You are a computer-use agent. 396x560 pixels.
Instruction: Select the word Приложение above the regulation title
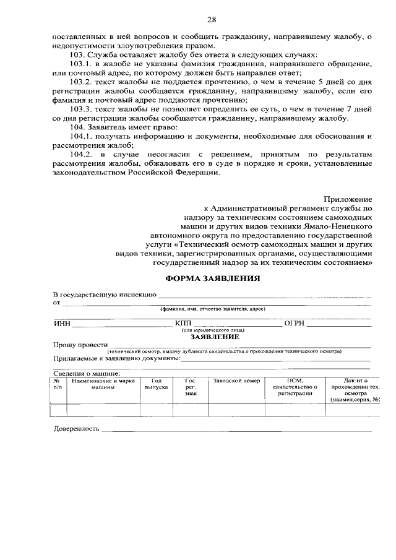tap(348, 199)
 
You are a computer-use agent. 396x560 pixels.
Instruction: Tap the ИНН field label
tap(62, 324)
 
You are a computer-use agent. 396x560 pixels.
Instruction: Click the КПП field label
tap(184, 324)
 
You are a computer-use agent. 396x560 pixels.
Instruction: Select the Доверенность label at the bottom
tap(76, 428)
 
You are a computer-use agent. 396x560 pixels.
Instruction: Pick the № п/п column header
tap(58, 384)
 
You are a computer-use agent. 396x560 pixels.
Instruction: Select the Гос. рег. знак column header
tap(191, 387)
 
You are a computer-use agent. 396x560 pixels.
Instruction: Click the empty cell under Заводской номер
tap(236, 410)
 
